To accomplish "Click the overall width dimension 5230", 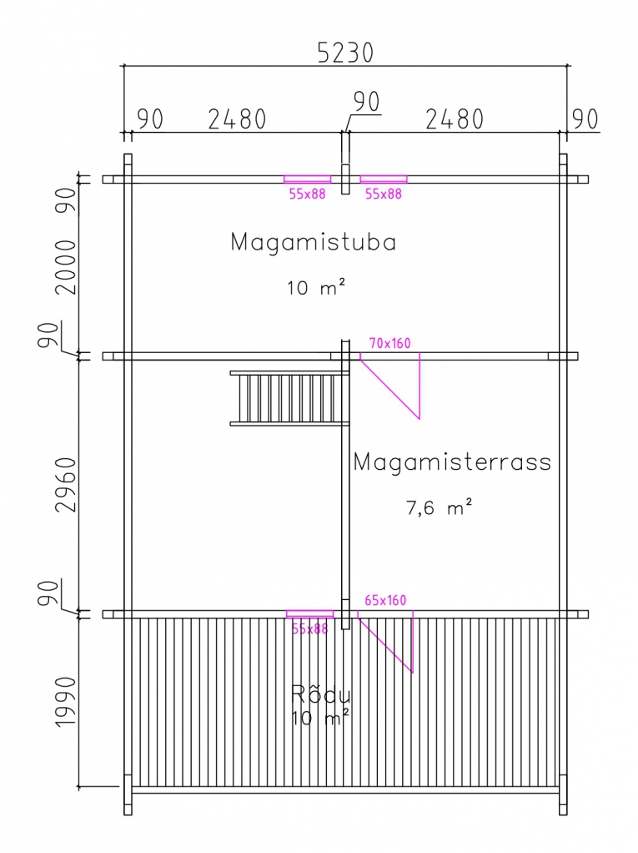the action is click(x=345, y=53).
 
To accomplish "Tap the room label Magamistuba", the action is click(x=314, y=241).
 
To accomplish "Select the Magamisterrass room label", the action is click(x=452, y=462).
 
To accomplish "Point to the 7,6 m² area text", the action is click(x=440, y=507).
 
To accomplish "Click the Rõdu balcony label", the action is click(x=320, y=694).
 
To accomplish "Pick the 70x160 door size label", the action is click(x=389, y=343).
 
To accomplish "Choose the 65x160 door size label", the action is click(x=385, y=600).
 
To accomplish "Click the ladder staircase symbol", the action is click(x=289, y=398).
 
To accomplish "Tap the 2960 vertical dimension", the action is click(x=66, y=485).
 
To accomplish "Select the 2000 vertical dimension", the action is click(x=66, y=267).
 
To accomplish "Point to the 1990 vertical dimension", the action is click(x=66, y=701).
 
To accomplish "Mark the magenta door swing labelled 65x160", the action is click(x=385, y=641).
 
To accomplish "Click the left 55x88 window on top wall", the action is click(x=307, y=179).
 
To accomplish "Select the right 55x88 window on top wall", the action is click(x=383, y=179).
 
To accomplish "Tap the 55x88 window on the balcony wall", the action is click(x=309, y=614).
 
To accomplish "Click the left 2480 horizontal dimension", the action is click(x=237, y=119).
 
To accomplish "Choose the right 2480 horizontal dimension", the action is click(x=455, y=119).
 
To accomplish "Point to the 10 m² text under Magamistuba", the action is click(x=316, y=286).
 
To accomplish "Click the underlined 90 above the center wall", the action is click(x=366, y=102).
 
